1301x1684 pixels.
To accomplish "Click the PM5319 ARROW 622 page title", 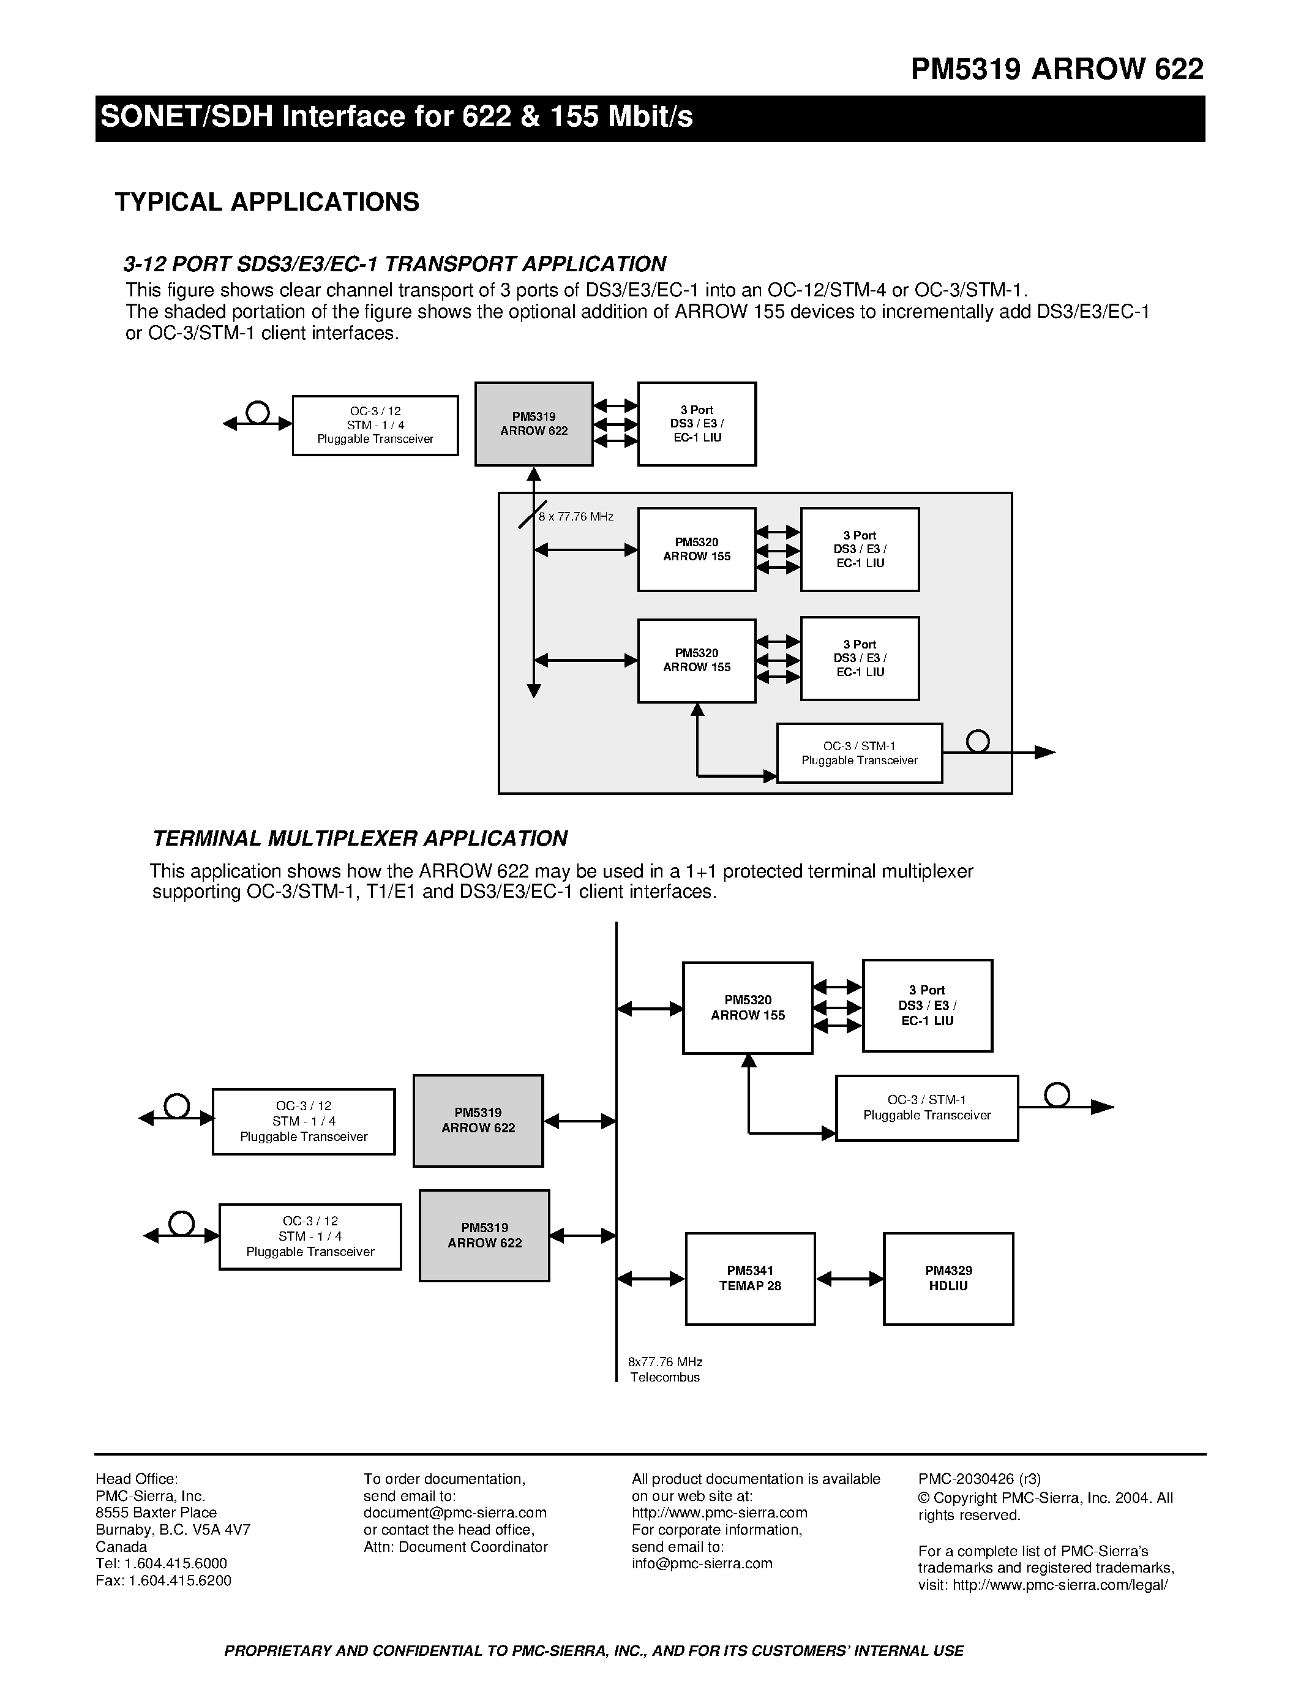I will click(1056, 69).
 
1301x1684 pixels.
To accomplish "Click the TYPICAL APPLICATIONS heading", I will click(267, 202).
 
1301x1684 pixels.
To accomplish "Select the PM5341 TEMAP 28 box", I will click(750, 1279).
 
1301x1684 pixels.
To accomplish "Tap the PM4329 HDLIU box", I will click(948, 1279).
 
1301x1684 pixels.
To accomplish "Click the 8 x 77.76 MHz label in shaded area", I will click(576, 517).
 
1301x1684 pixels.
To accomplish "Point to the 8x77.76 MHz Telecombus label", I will click(665, 1369).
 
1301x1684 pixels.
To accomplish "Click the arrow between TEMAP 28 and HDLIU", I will click(849, 1279).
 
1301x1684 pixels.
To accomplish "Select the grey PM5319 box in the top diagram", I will click(533, 424).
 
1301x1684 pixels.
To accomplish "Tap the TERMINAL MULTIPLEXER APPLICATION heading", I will click(360, 838).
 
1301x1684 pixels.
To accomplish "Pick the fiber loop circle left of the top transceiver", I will click(257, 413).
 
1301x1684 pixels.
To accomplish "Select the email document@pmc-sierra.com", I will click(455, 1513).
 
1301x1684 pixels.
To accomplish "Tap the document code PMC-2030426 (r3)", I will click(979, 1479).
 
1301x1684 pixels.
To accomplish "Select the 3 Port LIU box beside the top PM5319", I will click(697, 424).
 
